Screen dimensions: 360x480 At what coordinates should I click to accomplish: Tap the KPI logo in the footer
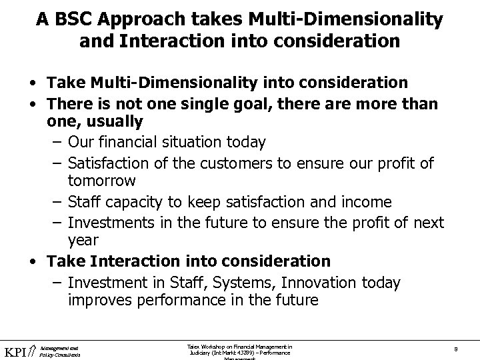coord(19,350)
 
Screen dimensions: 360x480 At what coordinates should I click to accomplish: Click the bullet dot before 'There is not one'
coord(33,103)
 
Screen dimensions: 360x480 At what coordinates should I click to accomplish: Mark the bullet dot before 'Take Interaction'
coord(33,261)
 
